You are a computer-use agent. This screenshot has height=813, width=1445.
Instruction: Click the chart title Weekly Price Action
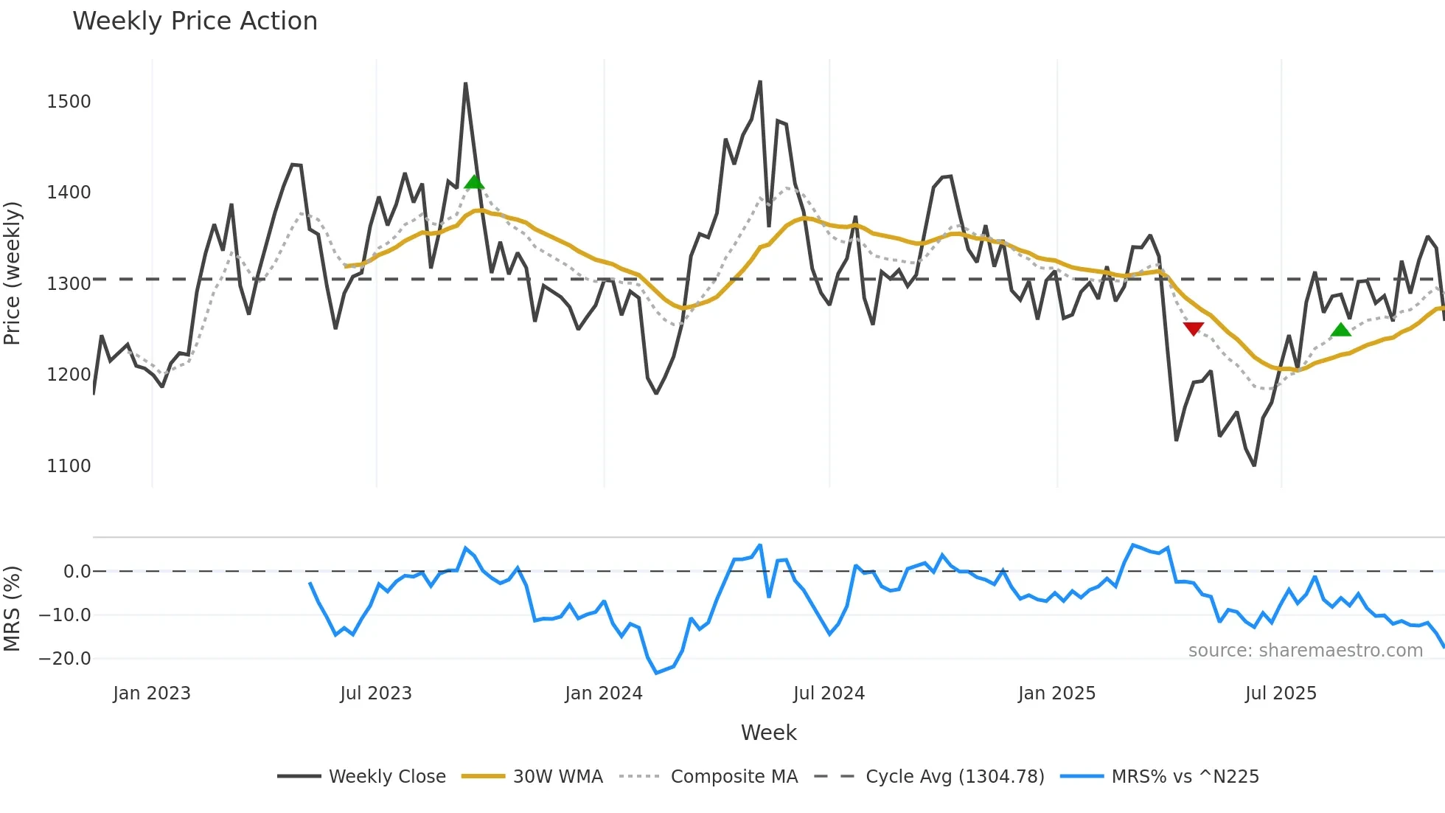[x=195, y=21]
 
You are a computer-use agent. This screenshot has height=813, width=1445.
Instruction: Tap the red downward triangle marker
[x=1193, y=328]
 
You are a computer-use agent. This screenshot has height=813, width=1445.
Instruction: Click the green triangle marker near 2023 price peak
[x=474, y=182]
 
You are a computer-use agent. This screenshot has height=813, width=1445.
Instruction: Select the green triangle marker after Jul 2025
[x=1341, y=330]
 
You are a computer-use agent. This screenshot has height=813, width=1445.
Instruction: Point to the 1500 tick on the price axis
[x=69, y=102]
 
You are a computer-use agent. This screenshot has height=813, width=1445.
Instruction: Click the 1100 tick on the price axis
[x=69, y=466]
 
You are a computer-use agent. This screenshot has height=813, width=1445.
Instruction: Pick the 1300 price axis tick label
[x=69, y=284]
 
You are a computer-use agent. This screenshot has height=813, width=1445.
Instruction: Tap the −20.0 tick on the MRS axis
[x=65, y=659]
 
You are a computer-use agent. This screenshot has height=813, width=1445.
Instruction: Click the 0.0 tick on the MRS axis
[x=77, y=572]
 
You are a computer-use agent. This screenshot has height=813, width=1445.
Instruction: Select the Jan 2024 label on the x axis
[x=603, y=693]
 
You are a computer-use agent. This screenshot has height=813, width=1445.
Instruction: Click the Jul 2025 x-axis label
[x=1281, y=693]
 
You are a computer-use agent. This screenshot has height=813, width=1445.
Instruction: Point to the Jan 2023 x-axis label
[x=152, y=693]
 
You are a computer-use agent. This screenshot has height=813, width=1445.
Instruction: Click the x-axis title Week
[x=768, y=733]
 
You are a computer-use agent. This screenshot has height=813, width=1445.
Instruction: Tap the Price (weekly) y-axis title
[x=13, y=273]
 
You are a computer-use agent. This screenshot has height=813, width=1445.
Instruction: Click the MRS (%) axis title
[x=13, y=609]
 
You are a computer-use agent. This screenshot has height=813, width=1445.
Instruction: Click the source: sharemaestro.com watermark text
[x=1305, y=651]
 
